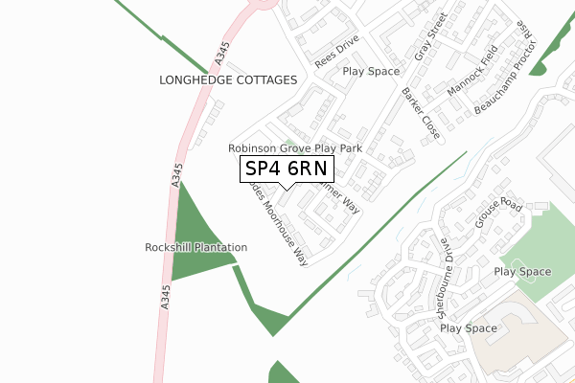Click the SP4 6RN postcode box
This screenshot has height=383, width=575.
[x=287, y=169]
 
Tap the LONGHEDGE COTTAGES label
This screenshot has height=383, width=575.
[x=228, y=80]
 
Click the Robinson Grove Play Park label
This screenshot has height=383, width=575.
[x=294, y=149]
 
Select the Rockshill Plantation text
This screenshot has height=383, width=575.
[x=196, y=247]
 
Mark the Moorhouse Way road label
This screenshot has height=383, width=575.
[x=282, y=228]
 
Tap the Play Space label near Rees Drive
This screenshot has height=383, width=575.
[x=371, y=71]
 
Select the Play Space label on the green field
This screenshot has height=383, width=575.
[x=522, y=272]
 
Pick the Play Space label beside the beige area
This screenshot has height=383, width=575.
[x=469, y=328]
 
